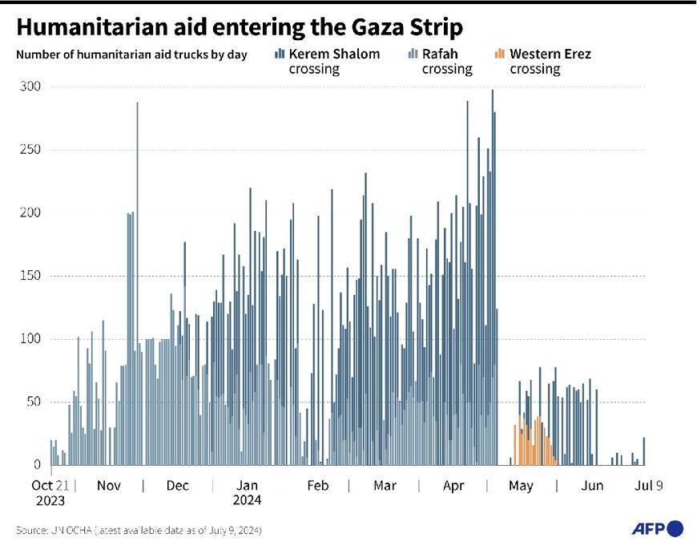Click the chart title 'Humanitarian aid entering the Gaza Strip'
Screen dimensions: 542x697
239,27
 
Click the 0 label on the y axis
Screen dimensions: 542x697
36,464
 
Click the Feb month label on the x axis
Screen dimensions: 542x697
318,485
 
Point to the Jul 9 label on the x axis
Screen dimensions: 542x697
649,485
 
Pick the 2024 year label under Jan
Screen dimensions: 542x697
248,500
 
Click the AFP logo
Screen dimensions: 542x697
658,528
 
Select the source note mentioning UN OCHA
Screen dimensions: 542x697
138,530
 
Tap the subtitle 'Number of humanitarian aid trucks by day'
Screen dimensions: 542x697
131,55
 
